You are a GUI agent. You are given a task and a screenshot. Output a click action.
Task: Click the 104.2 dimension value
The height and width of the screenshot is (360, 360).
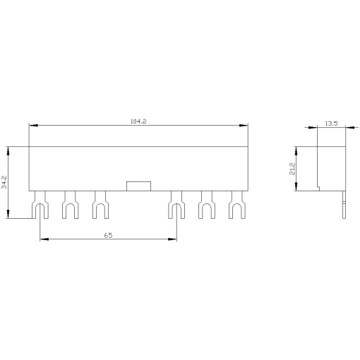point(138,122)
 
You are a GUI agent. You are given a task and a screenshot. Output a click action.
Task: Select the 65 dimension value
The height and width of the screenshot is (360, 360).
point(108,234)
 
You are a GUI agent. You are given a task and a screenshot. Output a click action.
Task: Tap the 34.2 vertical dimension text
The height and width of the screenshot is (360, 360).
point(4,183)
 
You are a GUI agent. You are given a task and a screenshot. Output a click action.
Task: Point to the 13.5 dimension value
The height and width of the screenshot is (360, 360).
point(330,124)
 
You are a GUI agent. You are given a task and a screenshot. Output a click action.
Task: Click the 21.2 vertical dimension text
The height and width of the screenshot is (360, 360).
point(292,169)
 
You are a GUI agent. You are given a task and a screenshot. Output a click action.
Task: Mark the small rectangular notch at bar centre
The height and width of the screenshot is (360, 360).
point(138,186)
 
